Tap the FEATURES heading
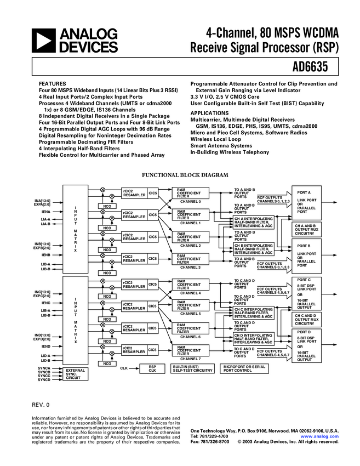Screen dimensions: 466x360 click(53, 84)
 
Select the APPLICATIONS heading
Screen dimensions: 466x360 click(209, 113)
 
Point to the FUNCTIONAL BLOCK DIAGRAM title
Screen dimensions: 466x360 click(185, 175)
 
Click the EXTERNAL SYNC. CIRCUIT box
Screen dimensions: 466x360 click(76, 374)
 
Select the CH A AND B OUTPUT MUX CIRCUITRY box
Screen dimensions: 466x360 click(305, 229)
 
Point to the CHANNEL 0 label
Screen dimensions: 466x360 click(191, 202)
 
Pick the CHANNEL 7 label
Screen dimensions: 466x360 click(191, 359)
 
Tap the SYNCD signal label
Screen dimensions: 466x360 click(44, 380)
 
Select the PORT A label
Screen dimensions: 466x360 click(304, 193)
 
